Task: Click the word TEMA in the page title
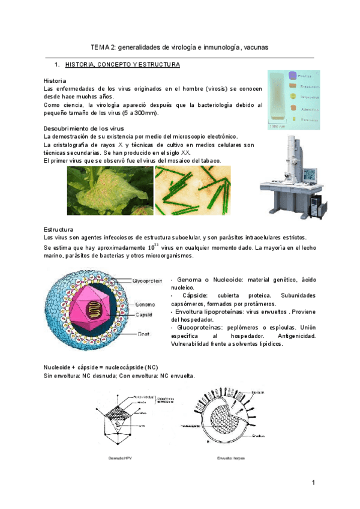(x=100, y=46)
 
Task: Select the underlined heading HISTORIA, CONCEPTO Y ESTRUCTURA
(x=122, y=64)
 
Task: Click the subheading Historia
(x=55, y=80)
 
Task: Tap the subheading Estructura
(x=58, y=230)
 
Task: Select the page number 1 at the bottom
(x=313, y=483)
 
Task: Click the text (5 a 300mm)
(x=139, y=113)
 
